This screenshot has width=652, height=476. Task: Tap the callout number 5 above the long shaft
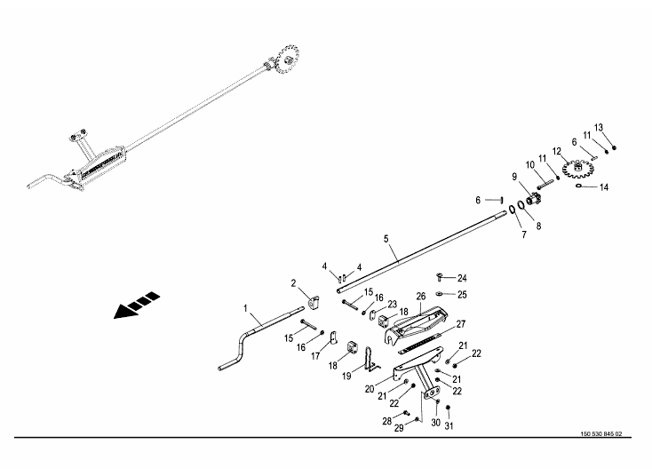tap(386, 239)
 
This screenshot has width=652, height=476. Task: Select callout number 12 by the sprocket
tap(557, 150)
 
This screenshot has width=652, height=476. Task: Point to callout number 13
tap(598, 127)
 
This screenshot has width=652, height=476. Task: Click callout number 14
tap(604, 187)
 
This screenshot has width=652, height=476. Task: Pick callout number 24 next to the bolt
tap(462, 278)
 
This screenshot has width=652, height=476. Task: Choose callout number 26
tap(421, 296)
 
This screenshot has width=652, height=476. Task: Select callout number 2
tap(293, 282)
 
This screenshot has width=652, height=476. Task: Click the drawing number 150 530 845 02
tap(600, 434)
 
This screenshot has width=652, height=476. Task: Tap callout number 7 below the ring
tap(523, 235)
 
